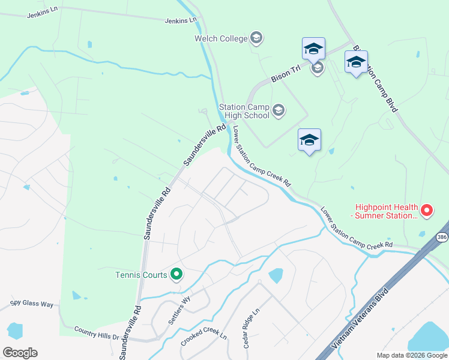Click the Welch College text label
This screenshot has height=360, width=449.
[x=221, y=38]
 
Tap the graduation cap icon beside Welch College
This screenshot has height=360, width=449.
[x=256, y=38]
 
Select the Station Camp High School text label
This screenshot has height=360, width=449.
[x=244, y=111]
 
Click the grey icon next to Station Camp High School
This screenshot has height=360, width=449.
[x=278, y=110]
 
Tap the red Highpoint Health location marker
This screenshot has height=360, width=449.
[x=426, y=211]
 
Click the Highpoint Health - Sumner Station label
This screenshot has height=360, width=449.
[x=385, y=211]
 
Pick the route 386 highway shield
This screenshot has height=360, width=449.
[x=442, y=237]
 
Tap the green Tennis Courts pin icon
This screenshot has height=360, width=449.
[x=176, y=275]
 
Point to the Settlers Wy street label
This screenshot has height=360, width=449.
[x=179, y=311]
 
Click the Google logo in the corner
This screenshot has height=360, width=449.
[x=20, y=353]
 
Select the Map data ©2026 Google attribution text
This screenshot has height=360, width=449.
[x=411, y=355]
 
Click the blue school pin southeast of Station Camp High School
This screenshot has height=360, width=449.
[x=309, y=140]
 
